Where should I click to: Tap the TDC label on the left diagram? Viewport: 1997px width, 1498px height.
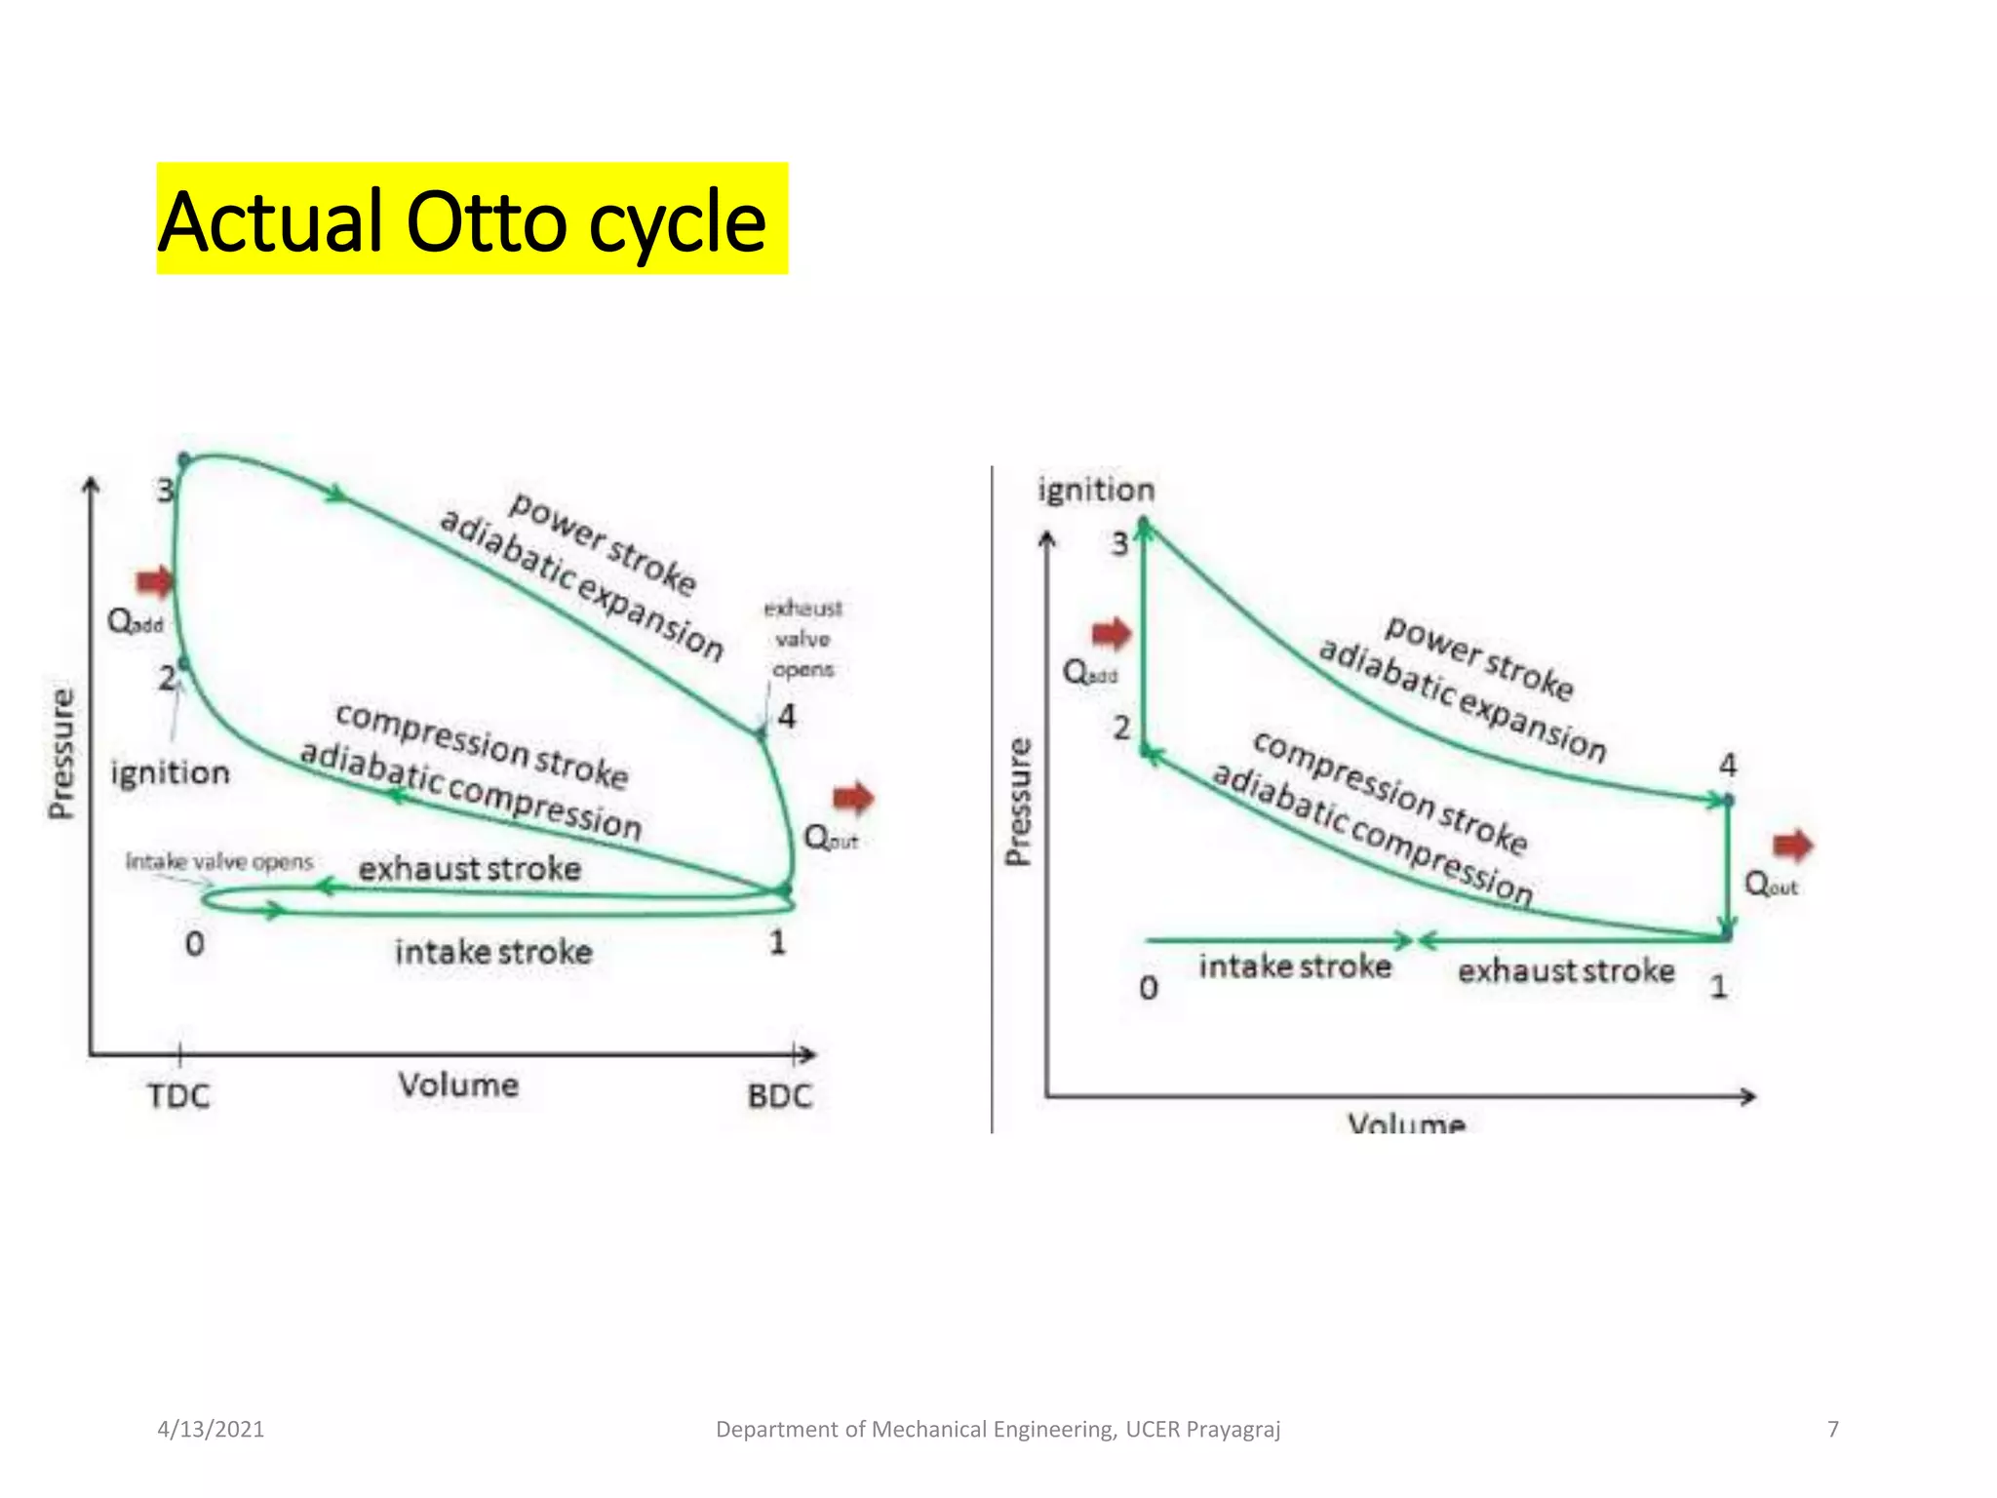click(178, 1096)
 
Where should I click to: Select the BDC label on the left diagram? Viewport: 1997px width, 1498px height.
click(780, 1096)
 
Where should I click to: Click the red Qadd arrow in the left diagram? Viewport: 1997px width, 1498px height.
click(154, 582)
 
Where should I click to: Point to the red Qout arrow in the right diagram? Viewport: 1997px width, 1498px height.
click(1792, 845)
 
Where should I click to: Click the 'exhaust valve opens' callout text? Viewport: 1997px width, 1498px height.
click(803, 639)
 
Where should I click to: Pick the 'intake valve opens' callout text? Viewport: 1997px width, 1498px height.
click(219, 862)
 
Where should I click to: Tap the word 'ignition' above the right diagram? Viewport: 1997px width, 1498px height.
click(1096, 490)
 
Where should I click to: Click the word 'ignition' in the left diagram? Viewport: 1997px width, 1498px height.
click(171, 773)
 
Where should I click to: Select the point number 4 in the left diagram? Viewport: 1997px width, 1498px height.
click(787, 717)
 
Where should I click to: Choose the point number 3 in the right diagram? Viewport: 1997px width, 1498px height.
click(1119, 543)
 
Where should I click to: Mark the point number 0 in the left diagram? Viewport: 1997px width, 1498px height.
click(195, 944)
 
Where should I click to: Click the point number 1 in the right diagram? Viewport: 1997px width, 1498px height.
click(1719, 987)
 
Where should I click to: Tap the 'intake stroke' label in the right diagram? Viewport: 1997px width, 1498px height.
click(1295, 966)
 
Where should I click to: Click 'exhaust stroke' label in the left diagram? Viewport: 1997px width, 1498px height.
click(470, 869)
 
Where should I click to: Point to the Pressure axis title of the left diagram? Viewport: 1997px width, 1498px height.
click(61, 753)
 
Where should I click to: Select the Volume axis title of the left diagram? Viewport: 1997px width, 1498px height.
click(458, 1084)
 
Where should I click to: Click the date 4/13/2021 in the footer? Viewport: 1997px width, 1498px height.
click(211, 1430)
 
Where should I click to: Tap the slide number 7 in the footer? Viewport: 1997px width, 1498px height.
click(1833, 1430)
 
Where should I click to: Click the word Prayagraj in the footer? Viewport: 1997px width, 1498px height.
click(1233, 1430)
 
